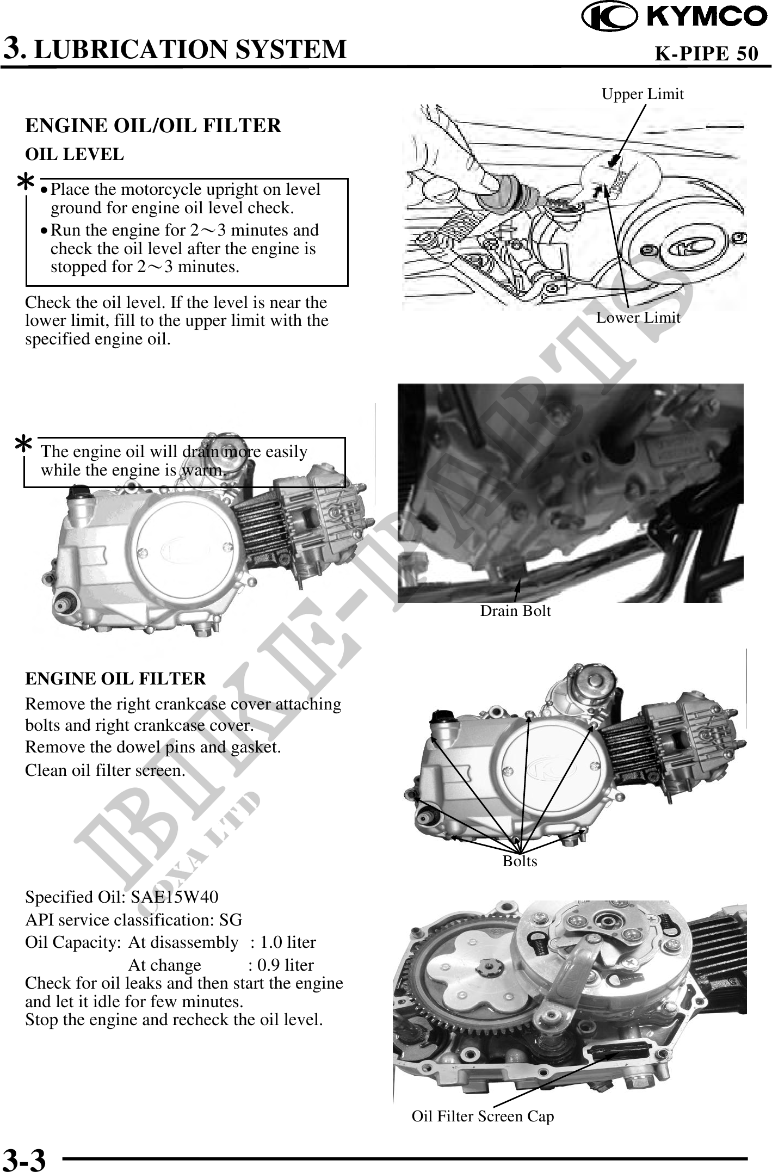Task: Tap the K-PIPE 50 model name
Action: [x=706, y=53]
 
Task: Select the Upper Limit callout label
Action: [x=643, y=94]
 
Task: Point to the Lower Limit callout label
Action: [x=638, y=317]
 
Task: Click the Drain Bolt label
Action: [x=515, y=610]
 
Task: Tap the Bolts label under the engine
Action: [x=520, y=861]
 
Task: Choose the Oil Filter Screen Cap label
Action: [x=483, y=1116]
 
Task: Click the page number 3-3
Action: [x=24, y=1159]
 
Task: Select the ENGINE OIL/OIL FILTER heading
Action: [x=153, y=126]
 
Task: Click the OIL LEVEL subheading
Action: [x=75, y=155]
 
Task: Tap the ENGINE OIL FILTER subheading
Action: [x=116, y=679]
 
